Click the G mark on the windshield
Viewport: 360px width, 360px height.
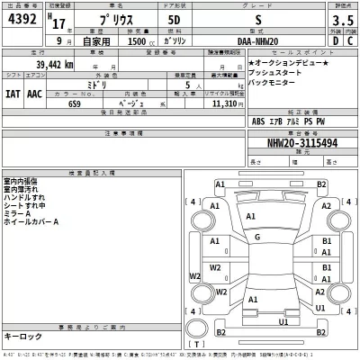click(258, 237)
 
